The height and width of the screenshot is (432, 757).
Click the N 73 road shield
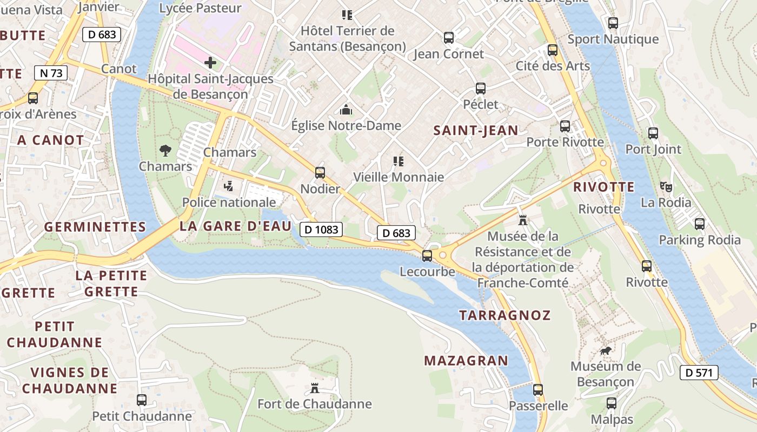coord(51,73)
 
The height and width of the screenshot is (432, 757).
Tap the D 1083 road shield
coord(321,230)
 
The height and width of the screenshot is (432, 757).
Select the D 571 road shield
coord(699,372)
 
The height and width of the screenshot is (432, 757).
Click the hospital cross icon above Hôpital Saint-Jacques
coord(210,63)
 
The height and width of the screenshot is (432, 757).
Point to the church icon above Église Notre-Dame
coord(346,110)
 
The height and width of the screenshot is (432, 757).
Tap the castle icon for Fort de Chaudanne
coord(314,388)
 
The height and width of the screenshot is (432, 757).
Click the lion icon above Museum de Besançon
coord(606,351)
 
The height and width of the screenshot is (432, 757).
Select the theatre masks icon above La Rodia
coord(666,187)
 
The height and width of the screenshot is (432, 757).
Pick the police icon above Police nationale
coord(229,186)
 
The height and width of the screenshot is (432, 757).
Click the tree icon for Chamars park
coord(165,150)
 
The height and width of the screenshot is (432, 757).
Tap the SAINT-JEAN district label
coord(476,130)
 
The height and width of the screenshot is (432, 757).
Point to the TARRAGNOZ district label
coord(504,315)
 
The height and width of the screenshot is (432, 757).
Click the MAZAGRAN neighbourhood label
coord(466,361)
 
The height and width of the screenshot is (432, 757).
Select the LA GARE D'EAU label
coord(235,226)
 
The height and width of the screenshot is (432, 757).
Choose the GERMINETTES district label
coord(95,227)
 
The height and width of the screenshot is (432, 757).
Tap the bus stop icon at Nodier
coord(320,173)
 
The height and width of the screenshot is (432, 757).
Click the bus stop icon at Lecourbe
coord(427,255)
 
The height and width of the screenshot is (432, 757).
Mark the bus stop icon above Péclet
coord(481,89)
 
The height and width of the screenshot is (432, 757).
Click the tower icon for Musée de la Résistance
coord(522,220)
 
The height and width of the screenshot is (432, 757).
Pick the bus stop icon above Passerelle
coord(537,390)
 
